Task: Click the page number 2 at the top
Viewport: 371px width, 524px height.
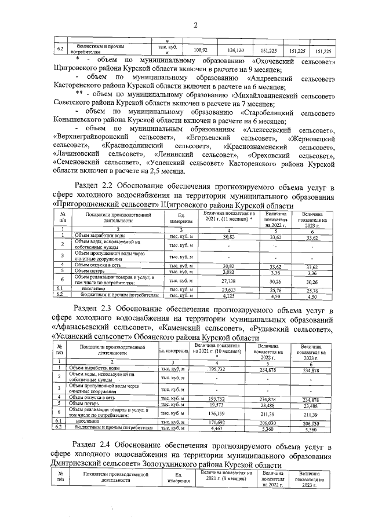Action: (x=195, y=24)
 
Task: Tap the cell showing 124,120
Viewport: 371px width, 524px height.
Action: (x=236, y=50)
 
